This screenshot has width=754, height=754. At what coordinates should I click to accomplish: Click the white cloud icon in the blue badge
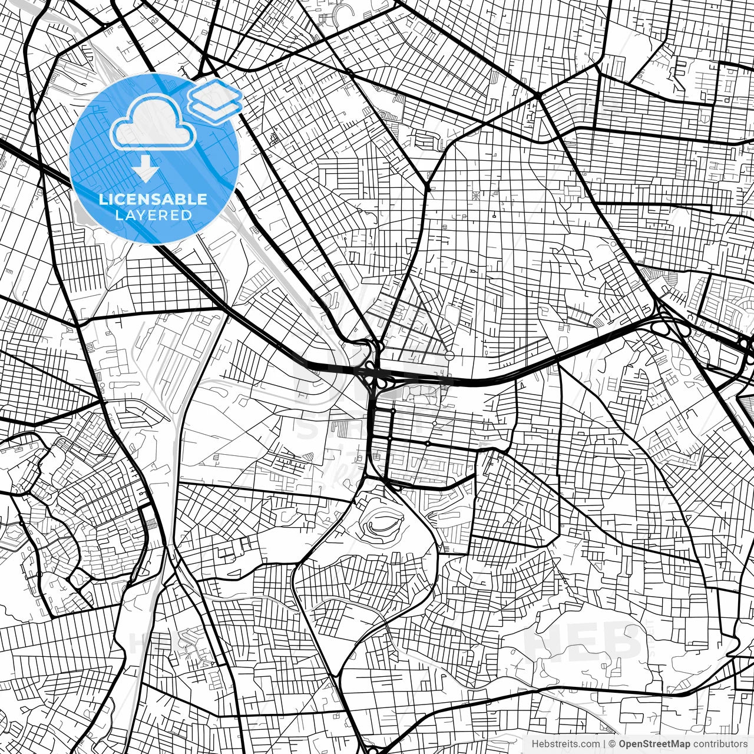point(153,123)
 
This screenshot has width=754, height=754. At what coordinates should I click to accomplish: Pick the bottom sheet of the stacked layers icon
point(216,107)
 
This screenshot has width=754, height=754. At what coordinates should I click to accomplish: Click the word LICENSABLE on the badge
point(153,199)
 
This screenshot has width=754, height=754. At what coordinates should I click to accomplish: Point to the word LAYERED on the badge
point(153,215)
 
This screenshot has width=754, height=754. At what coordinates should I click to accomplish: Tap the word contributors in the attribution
point(720,745)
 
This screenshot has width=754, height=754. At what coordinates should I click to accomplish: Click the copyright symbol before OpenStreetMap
point(613,745)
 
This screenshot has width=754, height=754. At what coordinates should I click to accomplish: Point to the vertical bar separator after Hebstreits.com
point(604,745)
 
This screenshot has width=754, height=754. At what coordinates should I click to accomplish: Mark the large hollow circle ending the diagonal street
point(449,355)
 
